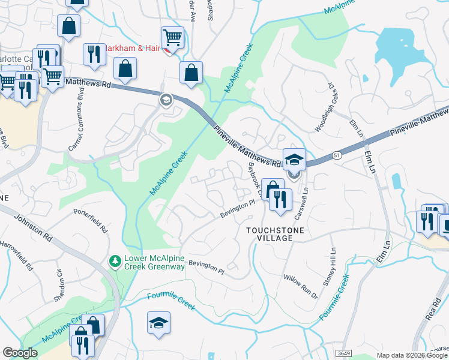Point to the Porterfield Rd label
pos(90,221)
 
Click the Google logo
pos(20,353)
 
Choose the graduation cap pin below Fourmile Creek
pos(159,323)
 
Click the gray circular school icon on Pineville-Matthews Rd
pos(166,100)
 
